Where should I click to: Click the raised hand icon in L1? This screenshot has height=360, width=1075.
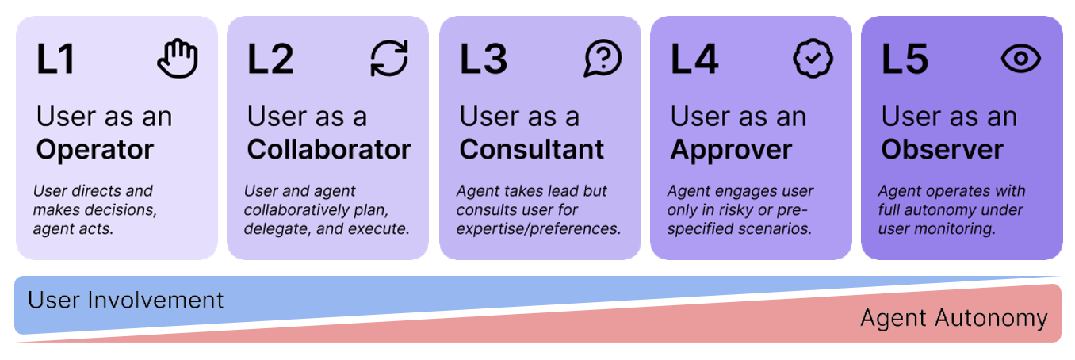178,59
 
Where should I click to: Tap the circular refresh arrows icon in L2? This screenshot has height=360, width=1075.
389,59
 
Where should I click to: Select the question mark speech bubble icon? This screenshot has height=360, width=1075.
603,59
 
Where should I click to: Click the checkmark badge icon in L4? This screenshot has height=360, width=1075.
813,59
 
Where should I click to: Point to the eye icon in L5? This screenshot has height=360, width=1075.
1021,59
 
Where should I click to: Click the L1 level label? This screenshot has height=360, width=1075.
55,59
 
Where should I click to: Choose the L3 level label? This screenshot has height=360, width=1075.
484,59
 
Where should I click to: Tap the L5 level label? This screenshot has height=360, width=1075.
905,59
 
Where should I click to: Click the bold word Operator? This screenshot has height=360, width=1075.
95,150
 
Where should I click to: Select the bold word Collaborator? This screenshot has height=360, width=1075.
329,149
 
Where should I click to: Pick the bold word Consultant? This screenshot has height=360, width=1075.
532,149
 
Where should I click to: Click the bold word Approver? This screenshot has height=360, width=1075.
732,150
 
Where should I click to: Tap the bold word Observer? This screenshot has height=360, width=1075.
943,149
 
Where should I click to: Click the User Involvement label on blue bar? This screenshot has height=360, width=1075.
126,300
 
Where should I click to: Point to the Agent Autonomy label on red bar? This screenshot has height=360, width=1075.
954,318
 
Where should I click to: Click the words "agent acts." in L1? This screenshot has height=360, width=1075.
74,229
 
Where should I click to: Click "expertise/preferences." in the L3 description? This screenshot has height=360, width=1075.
539,229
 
